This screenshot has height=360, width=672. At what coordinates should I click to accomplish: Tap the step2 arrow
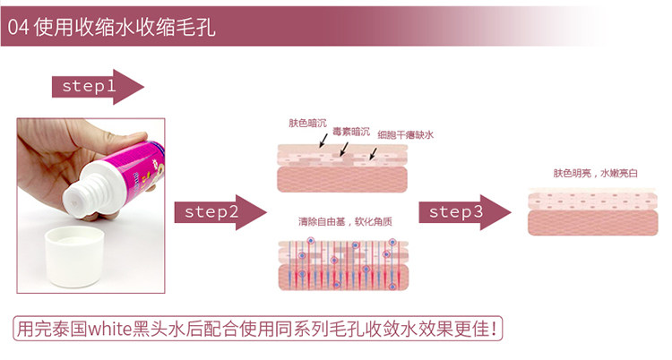click(220, 212)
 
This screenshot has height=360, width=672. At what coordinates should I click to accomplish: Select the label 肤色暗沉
click(306, 124)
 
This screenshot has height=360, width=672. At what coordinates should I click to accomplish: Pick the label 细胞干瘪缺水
click(405, 135)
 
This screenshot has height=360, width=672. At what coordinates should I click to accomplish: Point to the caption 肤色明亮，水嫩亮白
click(593, 174)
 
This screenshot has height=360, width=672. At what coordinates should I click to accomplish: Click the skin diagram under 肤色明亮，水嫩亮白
click(592, 212)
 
